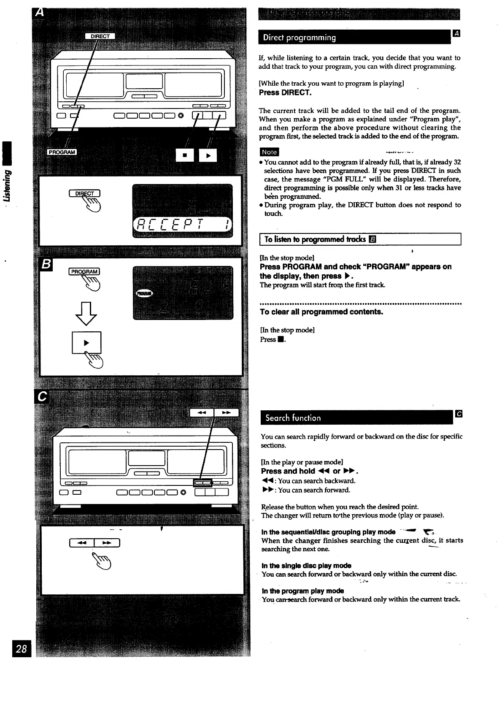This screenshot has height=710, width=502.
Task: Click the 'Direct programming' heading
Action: point(300,38)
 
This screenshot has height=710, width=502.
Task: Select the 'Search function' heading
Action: point(293,418)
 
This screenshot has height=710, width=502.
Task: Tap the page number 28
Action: point(22,648)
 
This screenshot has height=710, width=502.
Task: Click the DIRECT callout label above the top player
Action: point(100,36)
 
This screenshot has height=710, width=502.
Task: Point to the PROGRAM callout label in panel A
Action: point(62,152)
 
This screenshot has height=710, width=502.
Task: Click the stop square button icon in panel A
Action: point(184,155)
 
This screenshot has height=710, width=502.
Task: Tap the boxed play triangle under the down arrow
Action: point(86,342)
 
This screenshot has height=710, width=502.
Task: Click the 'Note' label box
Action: point(269,152)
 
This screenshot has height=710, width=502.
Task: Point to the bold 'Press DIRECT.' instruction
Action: point(286,92)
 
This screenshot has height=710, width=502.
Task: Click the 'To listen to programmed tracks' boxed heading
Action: point(315,239)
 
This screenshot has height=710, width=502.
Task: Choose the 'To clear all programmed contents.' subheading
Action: point(321,312)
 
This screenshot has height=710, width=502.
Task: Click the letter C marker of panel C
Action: point(42,397)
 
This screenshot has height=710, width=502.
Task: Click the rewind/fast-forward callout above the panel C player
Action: point(214,412)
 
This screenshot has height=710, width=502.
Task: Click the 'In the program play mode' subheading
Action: point(302,591)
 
